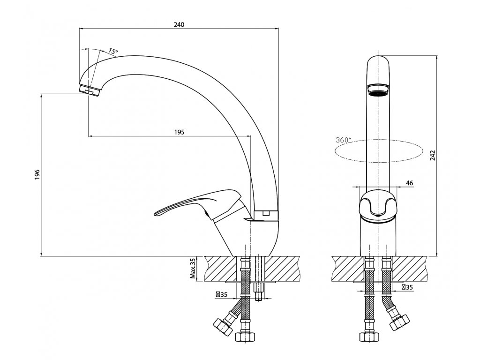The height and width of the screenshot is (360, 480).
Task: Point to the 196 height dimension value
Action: [37, 174]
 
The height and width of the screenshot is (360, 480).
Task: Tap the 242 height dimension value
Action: [433, 155]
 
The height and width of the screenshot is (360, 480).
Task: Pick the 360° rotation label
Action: [343, 140]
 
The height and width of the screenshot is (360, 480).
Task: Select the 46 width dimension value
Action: [409, 183]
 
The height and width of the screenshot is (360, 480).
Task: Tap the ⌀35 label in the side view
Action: [221, 294]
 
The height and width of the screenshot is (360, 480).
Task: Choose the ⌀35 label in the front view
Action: [406, 286]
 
